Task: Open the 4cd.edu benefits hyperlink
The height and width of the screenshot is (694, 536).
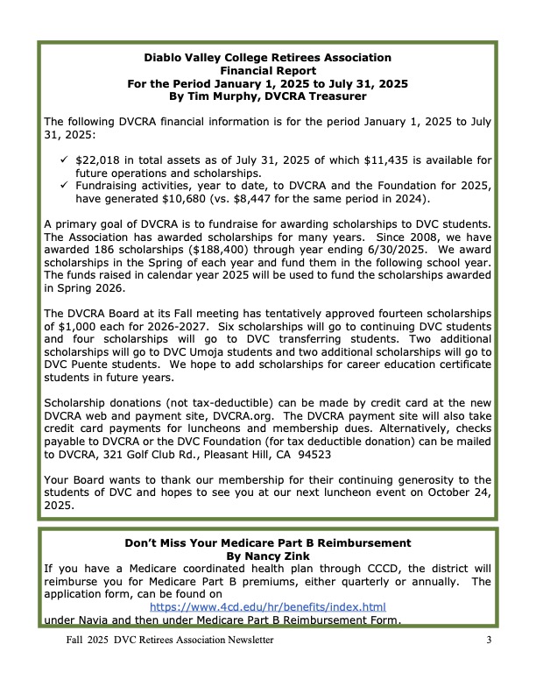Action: [x=267, y=606]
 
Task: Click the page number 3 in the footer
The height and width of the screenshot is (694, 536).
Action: [x=489, y=641]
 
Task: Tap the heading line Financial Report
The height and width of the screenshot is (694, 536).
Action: [x=267, y=70]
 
